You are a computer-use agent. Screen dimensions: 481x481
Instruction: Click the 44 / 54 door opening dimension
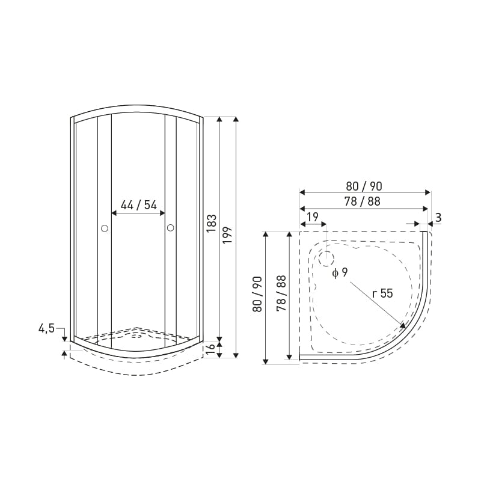[138, 204]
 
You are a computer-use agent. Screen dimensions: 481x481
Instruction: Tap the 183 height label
[212, 223]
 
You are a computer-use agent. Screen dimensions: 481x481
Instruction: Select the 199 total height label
[228, 235]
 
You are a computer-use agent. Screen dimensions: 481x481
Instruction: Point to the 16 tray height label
[211, 349]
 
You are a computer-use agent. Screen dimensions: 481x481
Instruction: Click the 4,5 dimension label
[46, 328]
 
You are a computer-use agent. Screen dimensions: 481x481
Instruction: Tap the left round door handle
[104, 228]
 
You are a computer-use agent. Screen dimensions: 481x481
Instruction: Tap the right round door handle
[171, 228]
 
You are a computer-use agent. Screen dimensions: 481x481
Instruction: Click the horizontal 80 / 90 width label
[364, 186]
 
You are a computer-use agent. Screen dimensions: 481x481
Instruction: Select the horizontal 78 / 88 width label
[363, 201]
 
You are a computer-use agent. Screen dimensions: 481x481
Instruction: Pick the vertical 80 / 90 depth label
[257, 294]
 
